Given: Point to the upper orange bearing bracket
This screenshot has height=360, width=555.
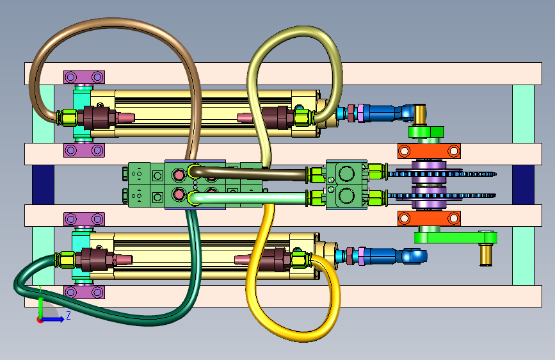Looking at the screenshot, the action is pyautogui.click(x=429, y=151).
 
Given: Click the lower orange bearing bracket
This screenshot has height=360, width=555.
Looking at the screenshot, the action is pyautogui.click(x=429, y=218).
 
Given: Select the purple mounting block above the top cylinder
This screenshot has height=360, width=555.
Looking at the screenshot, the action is pyautogui.click(x=84, y=77).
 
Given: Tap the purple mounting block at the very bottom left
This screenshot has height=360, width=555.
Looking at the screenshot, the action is pyautogui.click(x=84, y=292).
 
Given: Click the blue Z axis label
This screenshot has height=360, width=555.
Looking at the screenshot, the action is pyautogui.click(x=68, y=315).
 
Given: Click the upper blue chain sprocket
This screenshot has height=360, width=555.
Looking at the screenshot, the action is pyautogui.click(x=442, y=174).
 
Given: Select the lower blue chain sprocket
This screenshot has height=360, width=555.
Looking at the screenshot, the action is pyautogui.click(x=442, y=195).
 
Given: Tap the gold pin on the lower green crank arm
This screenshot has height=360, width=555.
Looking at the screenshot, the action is pyautogui.click(x=486, y=254).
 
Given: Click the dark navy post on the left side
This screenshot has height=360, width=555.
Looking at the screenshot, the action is pyautogui.click(x=43, y=184).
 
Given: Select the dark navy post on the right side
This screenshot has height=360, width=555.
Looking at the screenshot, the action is pyautogui.click(x=523, y=184).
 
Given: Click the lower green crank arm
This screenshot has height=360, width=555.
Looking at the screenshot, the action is pyautogui.click(x=456, y=237).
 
